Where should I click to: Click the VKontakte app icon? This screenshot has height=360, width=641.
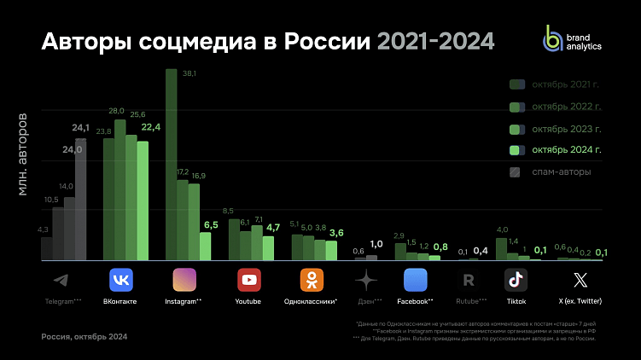121,280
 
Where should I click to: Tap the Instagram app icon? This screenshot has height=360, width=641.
185,280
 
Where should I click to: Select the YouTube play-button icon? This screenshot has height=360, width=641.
248,280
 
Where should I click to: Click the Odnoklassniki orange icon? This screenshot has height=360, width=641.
312,280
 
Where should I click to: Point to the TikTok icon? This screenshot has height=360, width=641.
516,280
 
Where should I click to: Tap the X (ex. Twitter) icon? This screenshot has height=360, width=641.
580,280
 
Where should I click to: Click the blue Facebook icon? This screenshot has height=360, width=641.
415,280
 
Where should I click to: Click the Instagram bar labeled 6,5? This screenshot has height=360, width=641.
205,246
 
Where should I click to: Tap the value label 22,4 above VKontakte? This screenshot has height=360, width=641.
151,127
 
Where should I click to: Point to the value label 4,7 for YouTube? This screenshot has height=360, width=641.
273,227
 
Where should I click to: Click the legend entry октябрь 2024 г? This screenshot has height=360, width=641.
555,150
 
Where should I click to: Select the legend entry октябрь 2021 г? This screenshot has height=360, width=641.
555,84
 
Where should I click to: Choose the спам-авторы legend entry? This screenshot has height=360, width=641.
555,172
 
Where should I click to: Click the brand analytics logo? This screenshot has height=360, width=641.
572,39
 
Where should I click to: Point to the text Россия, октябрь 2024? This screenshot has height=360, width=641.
84,337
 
